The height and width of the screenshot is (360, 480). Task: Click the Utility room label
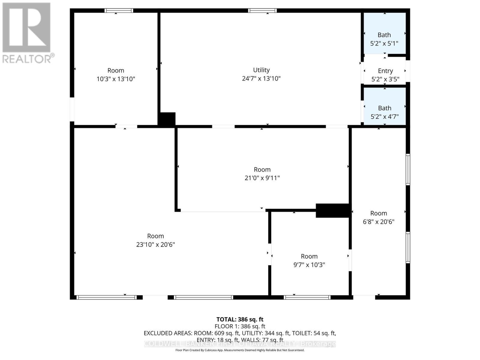(x=261, y=70)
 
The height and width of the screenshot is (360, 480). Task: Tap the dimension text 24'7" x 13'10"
(x=261, y=79)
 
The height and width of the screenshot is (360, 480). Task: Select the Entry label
(x=385, y=71)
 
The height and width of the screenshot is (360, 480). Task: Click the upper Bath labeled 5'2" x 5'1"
(x=384, y=35)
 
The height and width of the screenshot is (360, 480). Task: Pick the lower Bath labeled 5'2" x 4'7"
(x=385, y=108)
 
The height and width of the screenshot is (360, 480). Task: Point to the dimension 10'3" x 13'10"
(x=116, y=79)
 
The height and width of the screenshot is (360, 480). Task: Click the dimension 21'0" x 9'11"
(x=262, y=178)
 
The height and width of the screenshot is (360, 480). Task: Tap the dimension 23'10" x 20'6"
(x=155, y=244)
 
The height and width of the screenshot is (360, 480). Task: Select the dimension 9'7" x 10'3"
(x=309, y=265)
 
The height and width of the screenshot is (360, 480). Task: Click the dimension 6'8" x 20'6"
(x=379, y=222)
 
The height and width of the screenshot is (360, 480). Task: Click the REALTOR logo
(x=27, y=33)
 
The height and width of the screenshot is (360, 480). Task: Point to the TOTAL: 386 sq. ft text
(x=240, y=319)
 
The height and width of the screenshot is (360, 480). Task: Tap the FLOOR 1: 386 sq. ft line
(x=240, y=326)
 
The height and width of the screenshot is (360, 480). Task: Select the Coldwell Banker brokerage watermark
(x=240, y=344)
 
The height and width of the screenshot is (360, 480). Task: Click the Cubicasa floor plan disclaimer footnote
(x=240, y=350)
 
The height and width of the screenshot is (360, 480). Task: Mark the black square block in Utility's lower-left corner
(x=167, y=119)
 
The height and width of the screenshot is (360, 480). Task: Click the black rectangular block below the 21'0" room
(x=332, y=211)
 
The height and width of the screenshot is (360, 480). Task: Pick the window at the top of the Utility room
(x=262, y=11)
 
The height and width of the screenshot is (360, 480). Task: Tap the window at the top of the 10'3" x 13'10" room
(x=119, y=11)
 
